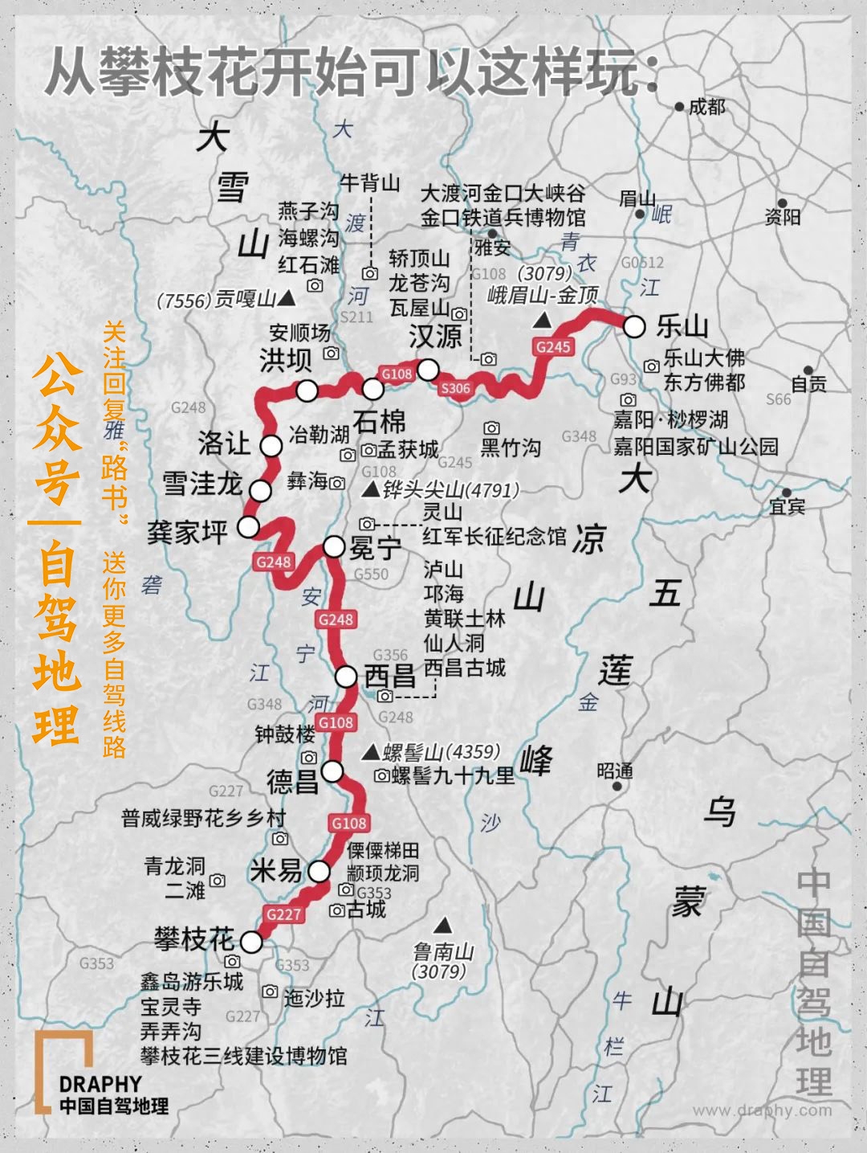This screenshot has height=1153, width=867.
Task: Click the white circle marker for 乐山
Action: click(634, 327)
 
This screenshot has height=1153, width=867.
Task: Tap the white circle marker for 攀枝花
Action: click(252, 942)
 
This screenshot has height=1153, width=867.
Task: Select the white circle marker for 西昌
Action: click(346, 677)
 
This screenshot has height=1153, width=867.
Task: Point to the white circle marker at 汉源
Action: click(427, 370)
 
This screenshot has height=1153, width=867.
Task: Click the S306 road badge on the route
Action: click(455, 388)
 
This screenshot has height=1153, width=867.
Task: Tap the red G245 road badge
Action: click(552, 346)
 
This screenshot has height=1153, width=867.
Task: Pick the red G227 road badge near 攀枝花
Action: click(283, 914)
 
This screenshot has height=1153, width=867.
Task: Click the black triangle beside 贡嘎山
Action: click(287, 299)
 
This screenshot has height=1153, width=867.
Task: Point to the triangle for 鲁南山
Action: click(441, 925)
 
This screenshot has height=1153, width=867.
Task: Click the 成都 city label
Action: click(706, 106)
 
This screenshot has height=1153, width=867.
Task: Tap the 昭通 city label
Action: click(615, 771)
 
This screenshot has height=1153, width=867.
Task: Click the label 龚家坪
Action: click(188, 532)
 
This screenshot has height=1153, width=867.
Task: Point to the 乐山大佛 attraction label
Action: click(704, 358)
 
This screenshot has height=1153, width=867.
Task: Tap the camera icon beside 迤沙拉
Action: click(270, 991)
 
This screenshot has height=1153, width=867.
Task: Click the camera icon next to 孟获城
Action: click(369, 451)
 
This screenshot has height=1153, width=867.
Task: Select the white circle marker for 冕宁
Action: click(334, 547)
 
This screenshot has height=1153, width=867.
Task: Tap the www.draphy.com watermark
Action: click(762, 1110)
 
